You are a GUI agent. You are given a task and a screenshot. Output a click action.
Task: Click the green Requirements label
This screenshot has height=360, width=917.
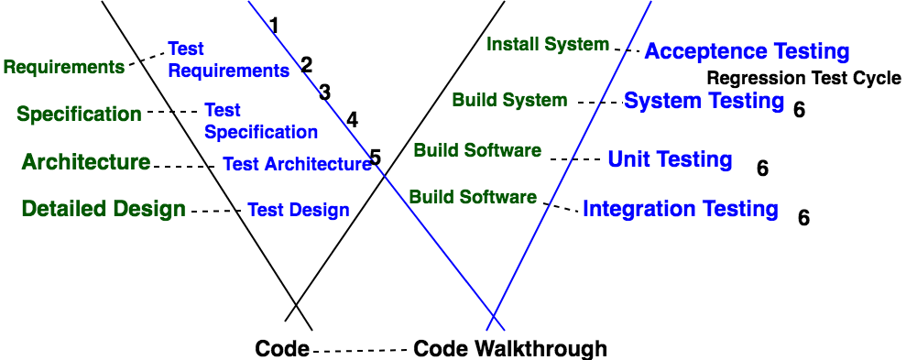coord(64,67)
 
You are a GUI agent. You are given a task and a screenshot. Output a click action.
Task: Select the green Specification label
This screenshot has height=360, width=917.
coord(79,114)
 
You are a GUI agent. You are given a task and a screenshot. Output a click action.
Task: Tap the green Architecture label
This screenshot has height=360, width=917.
coord(86,162)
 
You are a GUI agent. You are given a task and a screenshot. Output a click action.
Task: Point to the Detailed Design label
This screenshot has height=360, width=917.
coord(104,209)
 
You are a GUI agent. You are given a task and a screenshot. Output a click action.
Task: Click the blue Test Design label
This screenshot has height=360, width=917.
coord(299,209)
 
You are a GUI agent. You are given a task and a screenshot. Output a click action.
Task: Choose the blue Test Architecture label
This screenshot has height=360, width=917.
coord(297,164)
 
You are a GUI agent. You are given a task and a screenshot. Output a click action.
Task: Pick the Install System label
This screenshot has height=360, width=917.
coord(548,44)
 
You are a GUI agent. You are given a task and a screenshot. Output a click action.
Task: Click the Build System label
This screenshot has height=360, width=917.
coord(510,101)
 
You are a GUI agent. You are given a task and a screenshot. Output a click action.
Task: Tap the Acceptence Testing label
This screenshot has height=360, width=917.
coord(747,51)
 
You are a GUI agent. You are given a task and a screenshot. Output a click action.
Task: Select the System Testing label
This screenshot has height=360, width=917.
coord(704,101)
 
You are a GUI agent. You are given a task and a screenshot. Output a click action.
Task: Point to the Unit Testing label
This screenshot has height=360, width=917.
coord(671,159)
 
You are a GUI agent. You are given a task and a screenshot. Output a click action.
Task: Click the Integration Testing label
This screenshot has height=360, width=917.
coord(681,209)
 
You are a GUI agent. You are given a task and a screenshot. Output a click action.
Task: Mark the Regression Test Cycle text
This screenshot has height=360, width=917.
coord(804,78)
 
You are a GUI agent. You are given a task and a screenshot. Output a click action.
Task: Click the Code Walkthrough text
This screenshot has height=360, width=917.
coord(510,349)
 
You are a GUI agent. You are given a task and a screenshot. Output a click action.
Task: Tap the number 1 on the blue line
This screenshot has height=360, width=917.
coord(274,25)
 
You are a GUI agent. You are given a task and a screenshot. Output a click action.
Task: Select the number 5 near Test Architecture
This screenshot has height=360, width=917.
coord(375,158)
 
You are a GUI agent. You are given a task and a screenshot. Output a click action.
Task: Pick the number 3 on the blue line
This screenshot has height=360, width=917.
coord(324,93)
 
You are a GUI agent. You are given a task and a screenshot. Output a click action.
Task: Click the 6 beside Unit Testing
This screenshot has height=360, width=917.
coord(762,169)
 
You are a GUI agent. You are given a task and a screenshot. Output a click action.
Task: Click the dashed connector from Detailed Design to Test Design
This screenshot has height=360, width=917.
coord(215,211)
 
